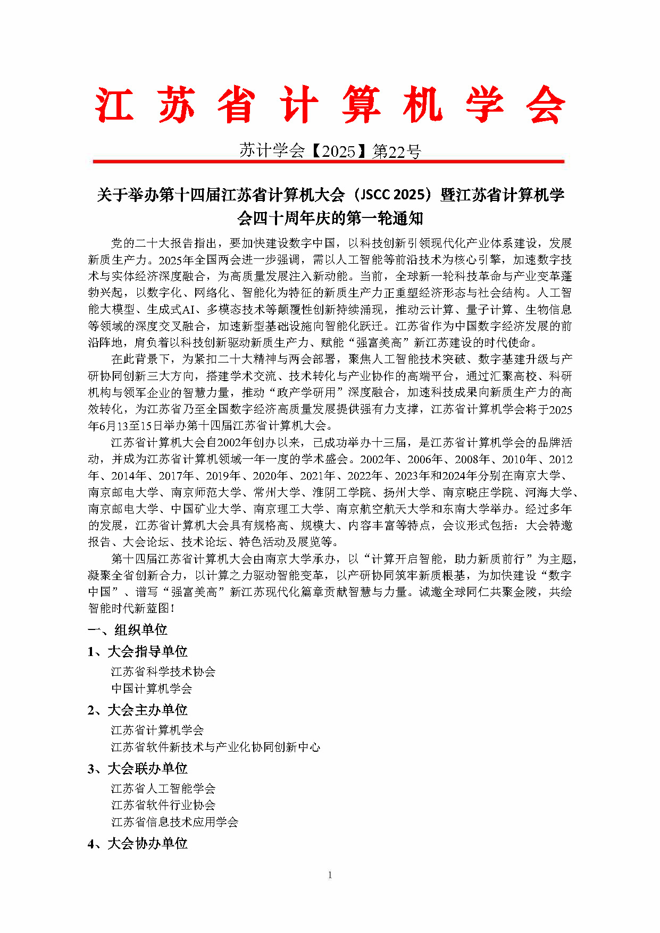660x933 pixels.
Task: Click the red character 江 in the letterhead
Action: (114, 105)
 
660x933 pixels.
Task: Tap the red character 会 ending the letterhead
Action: (545, 105)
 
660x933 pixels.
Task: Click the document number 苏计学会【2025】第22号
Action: (330, 152)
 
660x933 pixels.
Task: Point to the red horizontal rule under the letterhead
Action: (328, 161)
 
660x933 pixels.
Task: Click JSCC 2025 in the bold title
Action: (395, 195)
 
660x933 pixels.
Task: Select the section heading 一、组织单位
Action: (128, 630)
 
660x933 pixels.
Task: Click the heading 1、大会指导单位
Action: (138, 651)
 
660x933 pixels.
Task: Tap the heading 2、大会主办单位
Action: (138, 710)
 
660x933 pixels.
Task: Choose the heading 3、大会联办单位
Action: (138, 768)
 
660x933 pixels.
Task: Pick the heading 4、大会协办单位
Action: (138, 843)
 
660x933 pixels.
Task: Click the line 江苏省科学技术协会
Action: (163, 672)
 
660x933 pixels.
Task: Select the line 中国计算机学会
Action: (152, 689)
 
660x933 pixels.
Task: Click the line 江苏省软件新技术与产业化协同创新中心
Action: (215, 747)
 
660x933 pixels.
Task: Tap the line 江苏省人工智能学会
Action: (163, 789)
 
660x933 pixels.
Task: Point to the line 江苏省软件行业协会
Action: (163, 805)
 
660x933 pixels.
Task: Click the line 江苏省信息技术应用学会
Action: (174, 822)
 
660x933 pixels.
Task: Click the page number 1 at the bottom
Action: (330, 875)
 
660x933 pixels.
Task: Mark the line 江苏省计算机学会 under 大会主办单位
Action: (157, 730)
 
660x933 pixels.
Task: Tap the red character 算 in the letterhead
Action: (361, 105)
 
